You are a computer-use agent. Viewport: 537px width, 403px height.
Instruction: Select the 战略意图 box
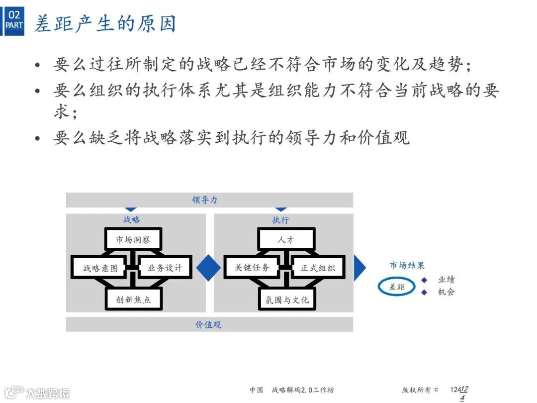[100, 268]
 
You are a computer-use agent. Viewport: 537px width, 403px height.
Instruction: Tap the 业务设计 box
[165, 268]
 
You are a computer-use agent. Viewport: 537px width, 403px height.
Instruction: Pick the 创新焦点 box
[133, 300]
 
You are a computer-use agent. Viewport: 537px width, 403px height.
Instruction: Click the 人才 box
[286, 239]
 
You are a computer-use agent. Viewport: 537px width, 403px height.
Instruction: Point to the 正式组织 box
[318, 268]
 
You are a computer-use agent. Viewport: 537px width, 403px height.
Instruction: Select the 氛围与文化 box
[287, 300]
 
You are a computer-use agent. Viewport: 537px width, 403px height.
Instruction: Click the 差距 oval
[396, 287]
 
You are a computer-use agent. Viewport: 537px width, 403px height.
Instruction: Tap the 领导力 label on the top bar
[205, 200]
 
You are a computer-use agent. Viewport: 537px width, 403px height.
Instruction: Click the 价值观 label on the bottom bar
[208, 324]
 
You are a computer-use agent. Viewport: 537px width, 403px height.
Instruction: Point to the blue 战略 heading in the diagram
[132, 219]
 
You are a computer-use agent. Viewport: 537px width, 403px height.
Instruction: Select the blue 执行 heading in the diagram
[280, 219]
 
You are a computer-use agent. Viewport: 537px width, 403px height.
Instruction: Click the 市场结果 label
[407, 266]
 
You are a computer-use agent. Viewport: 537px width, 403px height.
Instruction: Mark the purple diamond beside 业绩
[424, 280]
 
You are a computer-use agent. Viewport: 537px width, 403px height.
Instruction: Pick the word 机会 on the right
[446, 292]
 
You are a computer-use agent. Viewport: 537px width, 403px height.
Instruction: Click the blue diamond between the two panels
[209, 268]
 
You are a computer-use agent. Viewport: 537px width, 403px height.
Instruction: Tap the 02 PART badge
[14, 20]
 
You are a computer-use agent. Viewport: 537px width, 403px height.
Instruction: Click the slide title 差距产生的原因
[105, 23]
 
